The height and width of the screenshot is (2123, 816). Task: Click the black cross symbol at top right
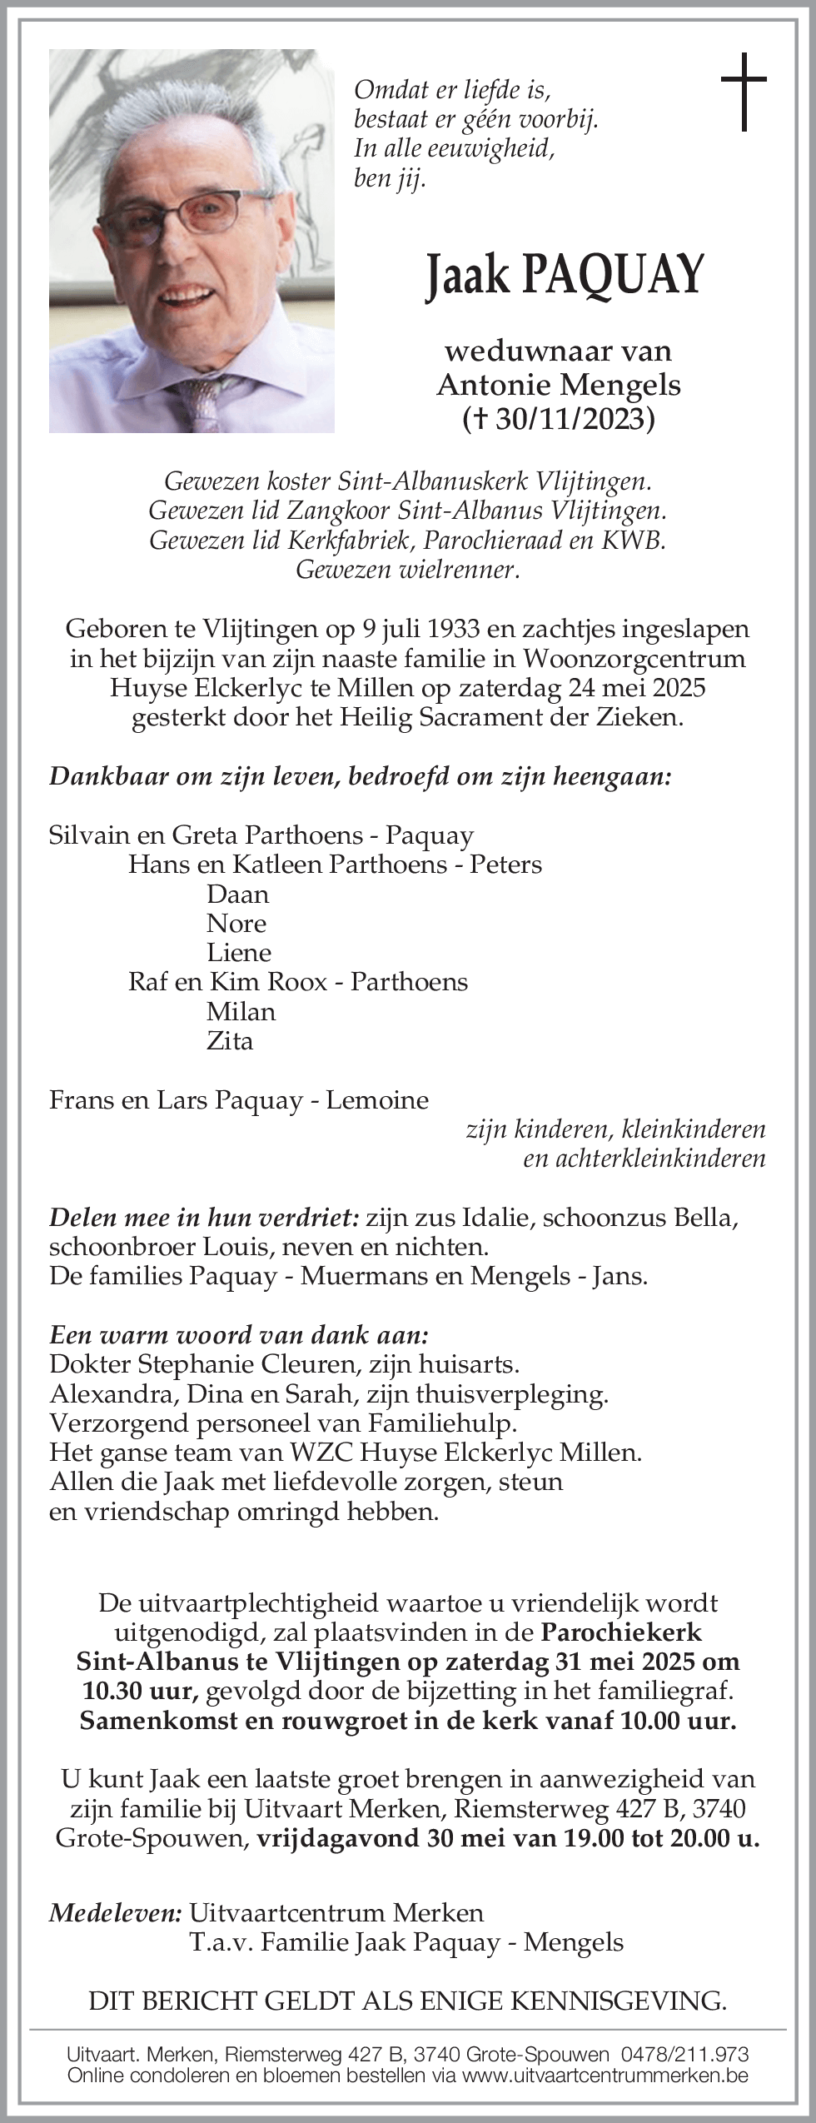click(x=743, y=92)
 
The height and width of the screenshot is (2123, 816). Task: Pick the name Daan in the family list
click(x=237, y=895)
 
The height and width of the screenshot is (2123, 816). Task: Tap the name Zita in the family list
click(x=230, y=1041)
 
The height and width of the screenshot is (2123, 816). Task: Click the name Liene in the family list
click(x=239, y=953)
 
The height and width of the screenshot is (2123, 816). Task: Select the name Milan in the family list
click(x=241, y=1012)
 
